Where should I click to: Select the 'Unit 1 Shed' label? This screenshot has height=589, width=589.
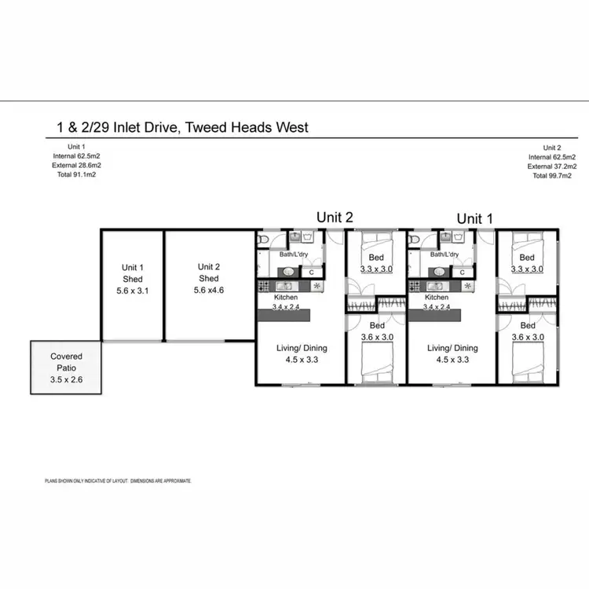click(132, 273)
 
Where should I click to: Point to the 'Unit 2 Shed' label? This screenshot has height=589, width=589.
click(208, 273)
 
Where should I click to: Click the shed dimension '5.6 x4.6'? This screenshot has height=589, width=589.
click(208, 290)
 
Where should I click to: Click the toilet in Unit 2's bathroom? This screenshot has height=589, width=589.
click(264, 240)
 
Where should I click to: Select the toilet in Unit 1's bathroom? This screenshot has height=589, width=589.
click(415, 240)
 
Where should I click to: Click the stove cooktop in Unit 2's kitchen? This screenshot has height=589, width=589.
click(264, 287)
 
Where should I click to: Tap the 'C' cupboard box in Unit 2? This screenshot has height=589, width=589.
click(312, 273)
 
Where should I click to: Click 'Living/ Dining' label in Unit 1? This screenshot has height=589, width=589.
click(452, 348)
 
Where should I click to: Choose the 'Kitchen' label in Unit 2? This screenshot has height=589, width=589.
click(285, 298)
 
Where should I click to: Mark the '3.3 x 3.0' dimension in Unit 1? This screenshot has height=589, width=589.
click(527, 269)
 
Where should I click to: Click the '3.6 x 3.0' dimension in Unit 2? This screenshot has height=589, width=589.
click(377, 337)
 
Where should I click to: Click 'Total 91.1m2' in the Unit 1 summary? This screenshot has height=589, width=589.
click(76, 175)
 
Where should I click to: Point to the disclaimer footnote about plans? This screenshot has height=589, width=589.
click(118, 480)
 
